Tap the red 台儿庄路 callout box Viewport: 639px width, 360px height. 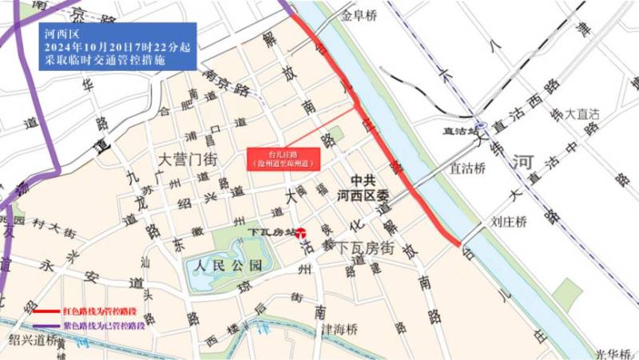click(283, 159)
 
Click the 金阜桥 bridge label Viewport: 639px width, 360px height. click(358, 14)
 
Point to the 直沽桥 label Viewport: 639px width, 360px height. click(467, 168)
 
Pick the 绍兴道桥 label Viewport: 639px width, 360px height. click(30, 339)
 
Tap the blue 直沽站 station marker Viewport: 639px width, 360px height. click(481, 125)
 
